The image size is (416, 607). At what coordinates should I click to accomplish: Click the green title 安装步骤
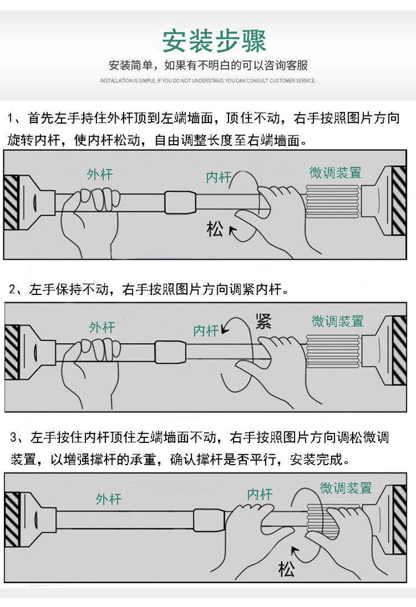pos(214,40)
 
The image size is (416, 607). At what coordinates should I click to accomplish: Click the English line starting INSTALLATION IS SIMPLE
pos(208,80)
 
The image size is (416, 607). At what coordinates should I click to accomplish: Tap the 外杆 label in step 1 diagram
pos(100,174)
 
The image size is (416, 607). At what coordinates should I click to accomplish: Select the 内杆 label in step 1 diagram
pos(218,177)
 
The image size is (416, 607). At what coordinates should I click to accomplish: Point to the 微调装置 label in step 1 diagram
pos(336,173)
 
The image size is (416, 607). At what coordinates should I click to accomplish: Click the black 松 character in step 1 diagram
pos(215,228)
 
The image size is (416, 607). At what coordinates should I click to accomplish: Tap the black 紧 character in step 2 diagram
pos(263,321)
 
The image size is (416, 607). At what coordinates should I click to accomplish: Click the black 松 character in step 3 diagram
pos(286,569)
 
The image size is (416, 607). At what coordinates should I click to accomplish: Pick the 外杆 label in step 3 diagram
pos(109,499)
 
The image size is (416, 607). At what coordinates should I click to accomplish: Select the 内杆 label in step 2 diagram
pos(206,331)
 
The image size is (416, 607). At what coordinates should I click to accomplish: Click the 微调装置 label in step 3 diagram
pos(346,488)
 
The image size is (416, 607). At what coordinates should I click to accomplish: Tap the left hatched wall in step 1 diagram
pos(11,203)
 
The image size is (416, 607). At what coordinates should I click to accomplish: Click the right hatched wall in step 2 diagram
pos(399,350)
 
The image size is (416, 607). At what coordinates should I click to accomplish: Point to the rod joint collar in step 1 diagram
pos(180,202)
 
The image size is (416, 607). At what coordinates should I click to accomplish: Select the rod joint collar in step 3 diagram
pos(209,520)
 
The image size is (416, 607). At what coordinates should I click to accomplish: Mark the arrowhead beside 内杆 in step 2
pos(225,330)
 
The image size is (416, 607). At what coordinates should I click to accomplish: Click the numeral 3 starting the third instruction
pos(14,437)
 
